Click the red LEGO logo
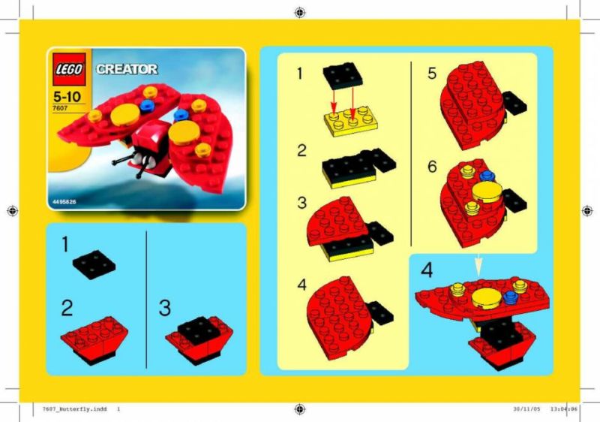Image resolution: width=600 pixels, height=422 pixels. pyautogui.click(x=69, y=69)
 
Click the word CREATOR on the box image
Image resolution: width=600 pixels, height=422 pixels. pyautogui.click(x=127, y=69)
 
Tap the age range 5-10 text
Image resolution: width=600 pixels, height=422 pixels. pyautogui.click(x=67, y=97)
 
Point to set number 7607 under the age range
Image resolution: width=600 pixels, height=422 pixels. pyautogui.click(x=60, y=108)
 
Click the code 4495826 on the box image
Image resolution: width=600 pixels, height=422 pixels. pyautogui.click(x=62, y=202)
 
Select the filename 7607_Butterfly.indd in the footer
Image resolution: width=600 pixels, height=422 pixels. pyautogui.click(x=74, y=409)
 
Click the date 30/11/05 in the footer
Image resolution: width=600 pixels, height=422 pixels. pyautogui.click(x=527, y=409)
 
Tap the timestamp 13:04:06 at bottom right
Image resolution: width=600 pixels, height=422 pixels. pyautogui.click(x=564, y=409)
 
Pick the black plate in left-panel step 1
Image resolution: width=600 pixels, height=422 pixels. pyautogui.click(x=94, y=264)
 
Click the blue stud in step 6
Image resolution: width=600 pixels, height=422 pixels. pyautogui.click(x=487, y=176)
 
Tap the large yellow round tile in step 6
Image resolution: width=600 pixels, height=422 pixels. pyautogui.click(x=487, y=191)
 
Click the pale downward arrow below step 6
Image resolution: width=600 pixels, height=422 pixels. pyautogui.click(x=478, y=265)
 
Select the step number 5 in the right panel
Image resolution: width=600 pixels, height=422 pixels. pyautogui.click(x=432, y=73)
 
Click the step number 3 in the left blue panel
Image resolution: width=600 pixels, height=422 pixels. pyautogui.click(x=164, y=308)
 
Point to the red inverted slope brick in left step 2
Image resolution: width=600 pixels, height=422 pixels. pyautogui.click(x=94, y=339)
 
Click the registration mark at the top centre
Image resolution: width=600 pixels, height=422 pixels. pyautogui.click(x=299, y=13)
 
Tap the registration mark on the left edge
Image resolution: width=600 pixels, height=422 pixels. pyautogui.click(x=12, y=210)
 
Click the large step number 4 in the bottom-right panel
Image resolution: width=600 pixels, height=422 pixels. pyautogui.click(x=427, y=270)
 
